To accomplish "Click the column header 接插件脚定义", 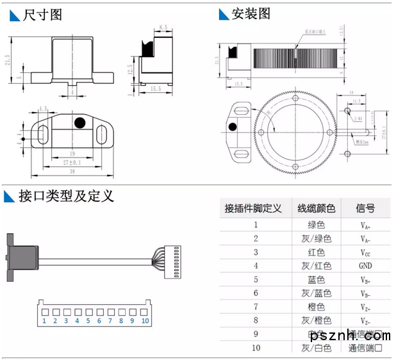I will [254, 208].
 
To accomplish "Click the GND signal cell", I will [365, 266].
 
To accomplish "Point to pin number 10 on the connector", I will [145, 320].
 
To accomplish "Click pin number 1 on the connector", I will [44, 320].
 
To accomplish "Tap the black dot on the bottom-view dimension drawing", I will [79, 122].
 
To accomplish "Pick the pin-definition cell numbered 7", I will [238, 307].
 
